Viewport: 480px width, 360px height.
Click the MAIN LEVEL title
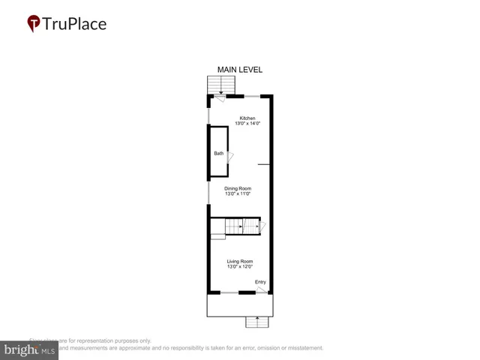[x=239, y=70]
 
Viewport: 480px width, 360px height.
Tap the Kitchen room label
[x=247, y=118]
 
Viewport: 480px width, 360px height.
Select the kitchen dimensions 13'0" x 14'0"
[x=247, y=124]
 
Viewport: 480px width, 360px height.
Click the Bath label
[x=218, y=154]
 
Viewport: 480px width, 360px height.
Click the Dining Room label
[x=238, y=188]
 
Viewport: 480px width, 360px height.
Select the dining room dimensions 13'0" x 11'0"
[x=238, y=194]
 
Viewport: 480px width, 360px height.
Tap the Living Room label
[x=240, y=261]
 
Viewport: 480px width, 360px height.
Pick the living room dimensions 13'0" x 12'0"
[x=240, y=267]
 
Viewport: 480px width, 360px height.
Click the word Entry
[x=260, y=282]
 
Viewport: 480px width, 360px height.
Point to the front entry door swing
[x=261, y=289]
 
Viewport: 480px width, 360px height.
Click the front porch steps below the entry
[x=256, y=322]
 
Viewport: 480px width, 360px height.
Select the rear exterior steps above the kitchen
[x=216, y=85]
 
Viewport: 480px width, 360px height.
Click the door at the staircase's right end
[x=262, y=226]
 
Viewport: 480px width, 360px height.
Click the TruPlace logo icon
[x=33, y=24]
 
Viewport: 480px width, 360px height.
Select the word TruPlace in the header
[x=74, y=23]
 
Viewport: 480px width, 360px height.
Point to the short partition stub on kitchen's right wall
[x=263, y=163]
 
